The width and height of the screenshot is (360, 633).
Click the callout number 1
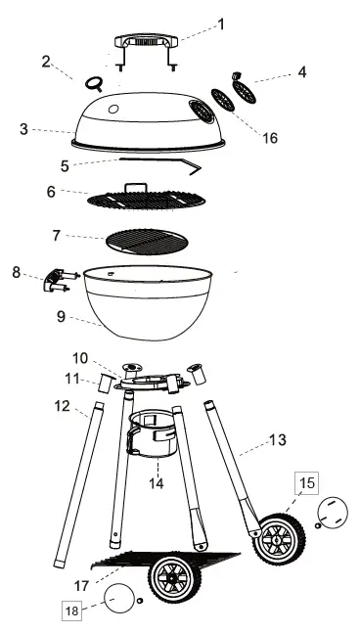221,23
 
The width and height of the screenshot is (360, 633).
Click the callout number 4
302,71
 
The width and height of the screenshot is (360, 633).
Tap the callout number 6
51,192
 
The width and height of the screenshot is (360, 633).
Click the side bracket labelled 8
58,281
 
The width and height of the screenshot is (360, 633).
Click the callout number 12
61,404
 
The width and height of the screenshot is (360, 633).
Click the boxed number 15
308,483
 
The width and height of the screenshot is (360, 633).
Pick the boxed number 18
71,610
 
